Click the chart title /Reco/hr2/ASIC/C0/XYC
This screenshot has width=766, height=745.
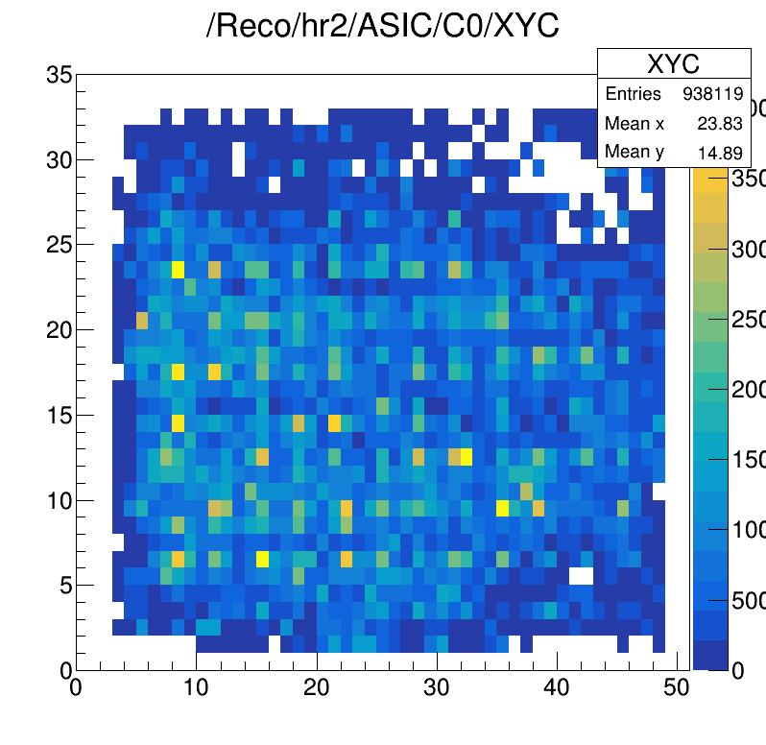382,27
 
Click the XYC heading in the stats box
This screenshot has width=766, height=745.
673,63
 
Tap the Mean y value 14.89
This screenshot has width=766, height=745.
724,152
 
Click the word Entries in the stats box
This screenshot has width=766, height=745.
633,94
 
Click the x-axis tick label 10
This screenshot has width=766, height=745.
196,687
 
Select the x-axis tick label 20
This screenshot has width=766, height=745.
317,687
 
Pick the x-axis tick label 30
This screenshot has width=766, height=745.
437,687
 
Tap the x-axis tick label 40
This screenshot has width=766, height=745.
557,687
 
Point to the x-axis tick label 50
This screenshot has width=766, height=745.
677,687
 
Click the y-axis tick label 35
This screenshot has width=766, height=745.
59,74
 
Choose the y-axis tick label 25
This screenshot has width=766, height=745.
59,245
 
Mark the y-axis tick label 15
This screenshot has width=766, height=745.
59,415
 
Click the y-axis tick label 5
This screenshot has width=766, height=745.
65,585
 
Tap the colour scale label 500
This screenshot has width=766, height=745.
748,601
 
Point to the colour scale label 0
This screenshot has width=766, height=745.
738,671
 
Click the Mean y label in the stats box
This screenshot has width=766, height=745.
634,152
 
